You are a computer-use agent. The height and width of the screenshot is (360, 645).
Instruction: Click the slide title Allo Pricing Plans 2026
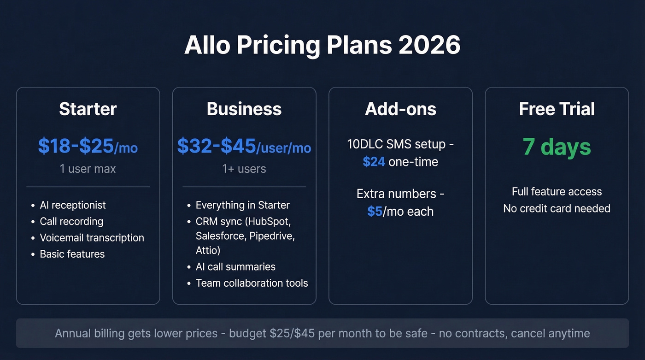tap(322, 45)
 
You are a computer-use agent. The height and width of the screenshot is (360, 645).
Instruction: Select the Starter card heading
tap(88, 109)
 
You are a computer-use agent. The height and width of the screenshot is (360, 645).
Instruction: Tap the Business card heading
tap(244, 109)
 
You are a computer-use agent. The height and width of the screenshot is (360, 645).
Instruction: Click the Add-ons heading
tap(400, 109)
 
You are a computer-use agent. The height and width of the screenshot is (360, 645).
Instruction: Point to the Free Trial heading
tap(557, 109)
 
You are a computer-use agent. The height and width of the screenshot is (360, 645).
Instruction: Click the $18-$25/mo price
tap(88, 146)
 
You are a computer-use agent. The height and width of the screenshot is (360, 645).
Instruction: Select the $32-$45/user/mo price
tap(244, 146)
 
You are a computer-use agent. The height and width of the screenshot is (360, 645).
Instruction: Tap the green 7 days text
tap(557, 147)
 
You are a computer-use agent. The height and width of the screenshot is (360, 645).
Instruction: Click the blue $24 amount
tap(374, 162)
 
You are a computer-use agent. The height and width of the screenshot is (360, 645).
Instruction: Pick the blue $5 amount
tap(375, 212)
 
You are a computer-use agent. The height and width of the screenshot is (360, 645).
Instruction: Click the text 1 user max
tap(88, 169)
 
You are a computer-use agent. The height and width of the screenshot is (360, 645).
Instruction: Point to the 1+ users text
tap(244, 169)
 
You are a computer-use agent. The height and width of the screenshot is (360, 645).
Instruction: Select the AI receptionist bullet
tap(73, 205)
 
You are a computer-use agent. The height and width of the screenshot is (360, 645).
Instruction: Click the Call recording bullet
tap(71, 221)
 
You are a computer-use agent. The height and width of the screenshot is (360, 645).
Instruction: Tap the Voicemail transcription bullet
tap(92, 238)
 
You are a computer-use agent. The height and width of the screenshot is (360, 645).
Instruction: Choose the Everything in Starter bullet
tap(242, 205)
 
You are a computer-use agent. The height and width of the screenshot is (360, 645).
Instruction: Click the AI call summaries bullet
tap(235, 267)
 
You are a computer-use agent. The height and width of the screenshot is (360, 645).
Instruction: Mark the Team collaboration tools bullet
tap(252, 283)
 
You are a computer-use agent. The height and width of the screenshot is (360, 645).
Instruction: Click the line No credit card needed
tap(557, 208)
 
